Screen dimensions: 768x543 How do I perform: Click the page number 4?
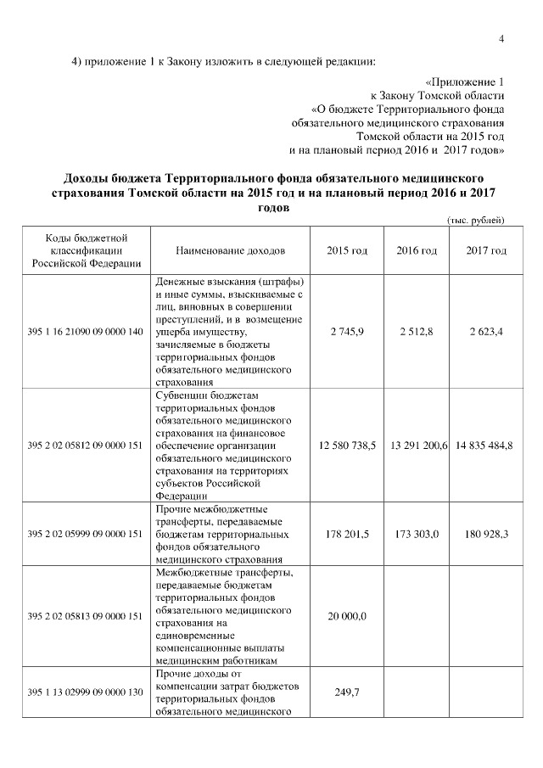501,38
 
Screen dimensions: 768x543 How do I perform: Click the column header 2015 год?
347,251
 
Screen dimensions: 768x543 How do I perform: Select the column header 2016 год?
417,251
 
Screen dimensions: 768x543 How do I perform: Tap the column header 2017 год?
486,251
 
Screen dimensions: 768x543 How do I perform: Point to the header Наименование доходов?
230,251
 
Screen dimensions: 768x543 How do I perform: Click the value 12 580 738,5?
347,446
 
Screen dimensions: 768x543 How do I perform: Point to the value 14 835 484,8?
484,446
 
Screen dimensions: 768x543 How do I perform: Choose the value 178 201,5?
347,535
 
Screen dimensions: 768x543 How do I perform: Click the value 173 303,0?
417,535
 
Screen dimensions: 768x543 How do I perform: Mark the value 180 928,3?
486,535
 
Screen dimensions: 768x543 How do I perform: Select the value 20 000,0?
347,616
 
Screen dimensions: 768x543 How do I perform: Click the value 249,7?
347,692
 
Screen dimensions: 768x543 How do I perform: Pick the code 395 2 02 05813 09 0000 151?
84,616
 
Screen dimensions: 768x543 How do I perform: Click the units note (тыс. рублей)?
476,221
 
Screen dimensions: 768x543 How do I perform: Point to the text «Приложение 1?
465,82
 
